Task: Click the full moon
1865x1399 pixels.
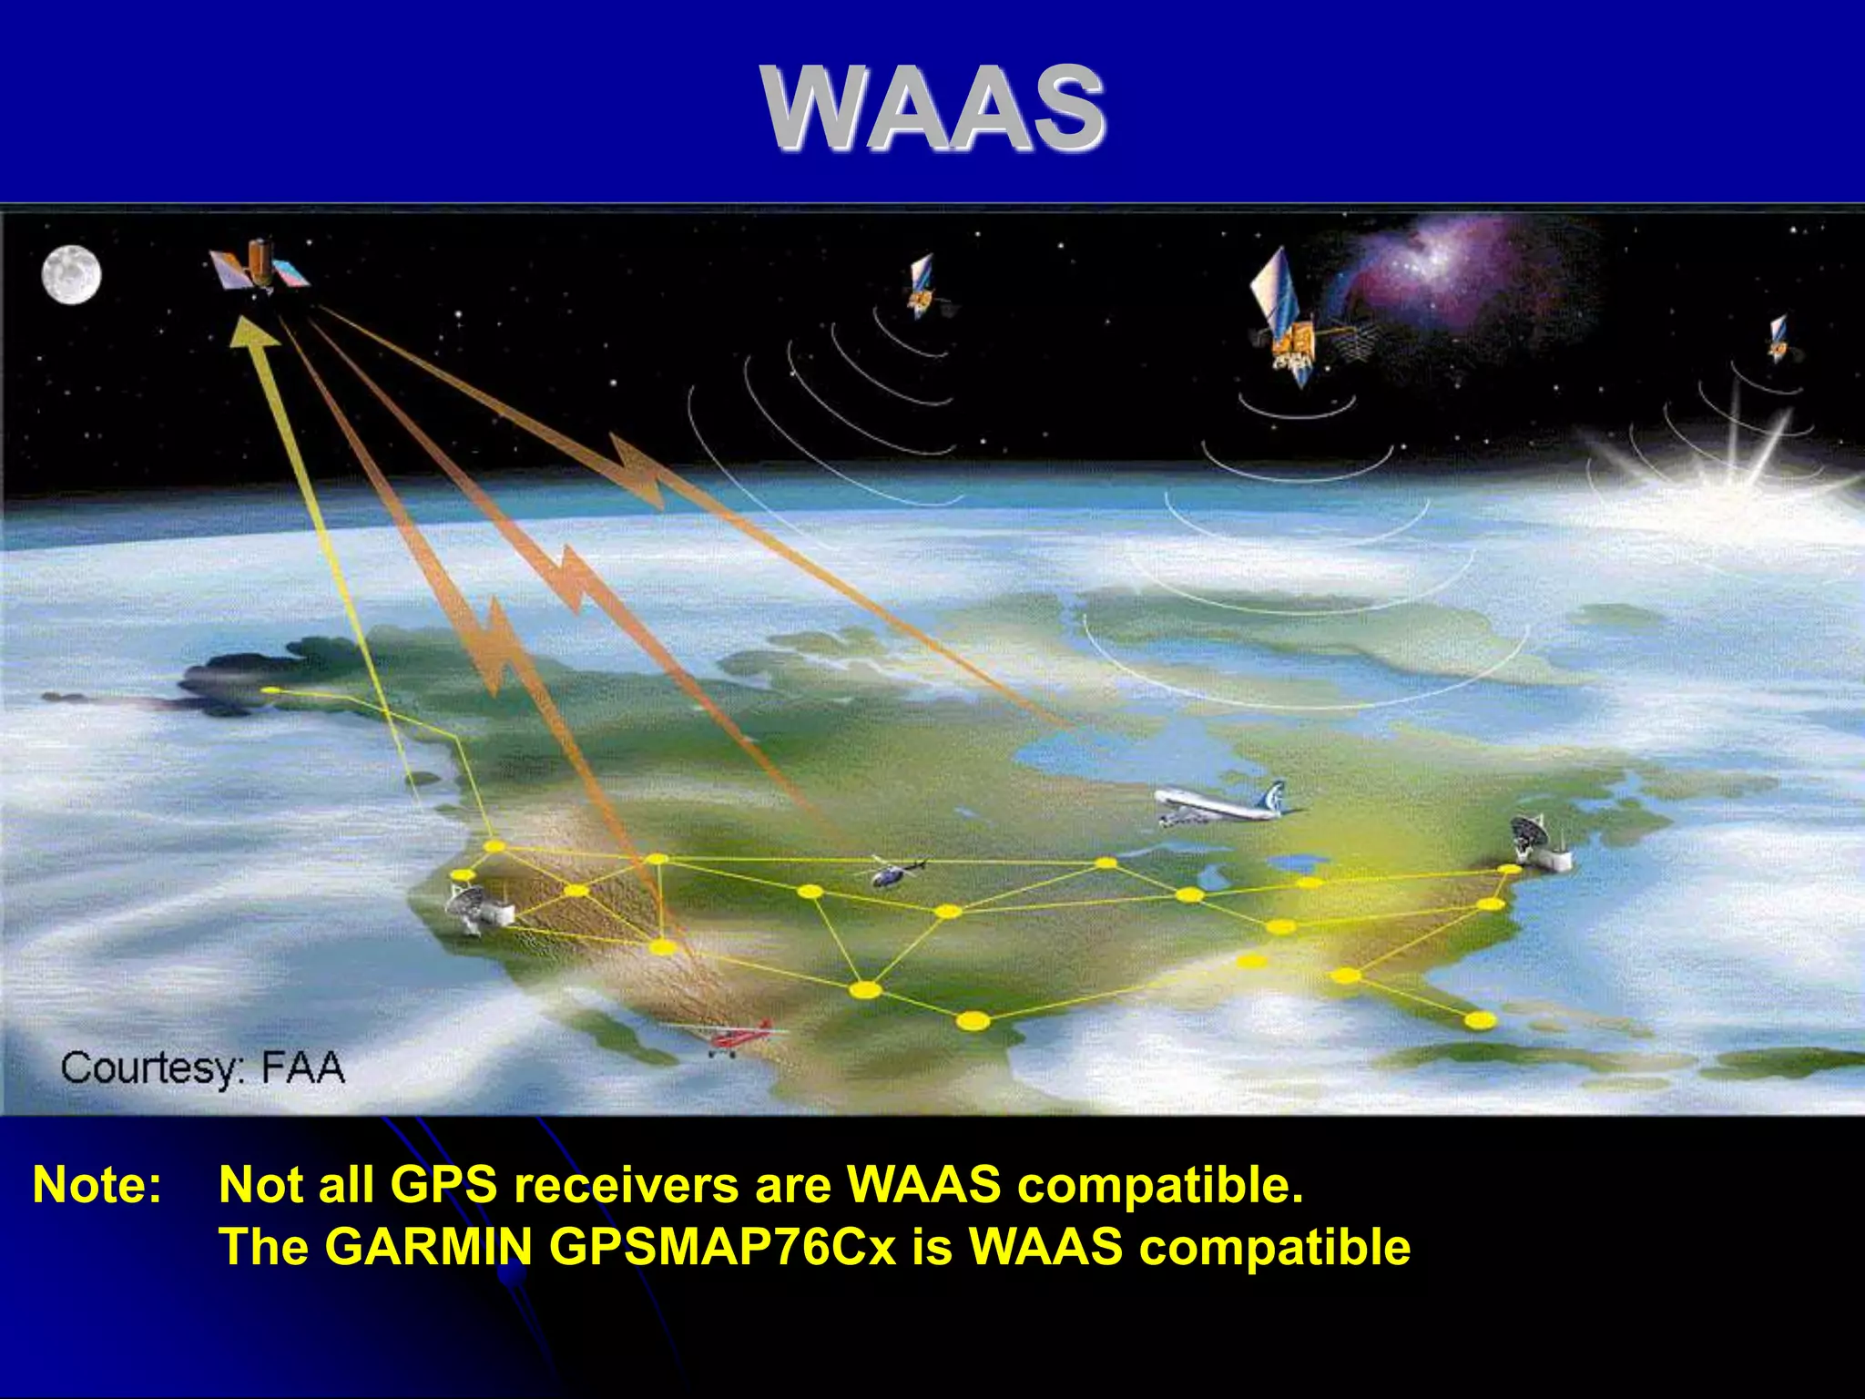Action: click(x=71, y=274)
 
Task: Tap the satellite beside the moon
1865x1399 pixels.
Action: click(x=259, y=265)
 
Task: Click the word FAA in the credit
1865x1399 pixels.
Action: click(x=303, y=1067)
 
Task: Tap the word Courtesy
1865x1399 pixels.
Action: click(x=152, y=1068)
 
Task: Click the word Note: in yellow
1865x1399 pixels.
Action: click(x=97, y=1185)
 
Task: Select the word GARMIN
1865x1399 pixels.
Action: click(x=428, y=1246)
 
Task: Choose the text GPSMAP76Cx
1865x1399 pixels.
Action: click(x=723, y=1246)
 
